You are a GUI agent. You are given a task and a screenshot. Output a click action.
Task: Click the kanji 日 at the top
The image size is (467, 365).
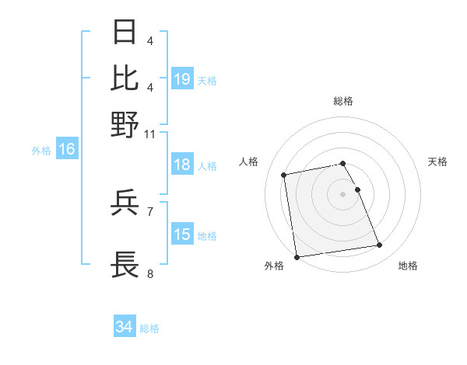[125, 33]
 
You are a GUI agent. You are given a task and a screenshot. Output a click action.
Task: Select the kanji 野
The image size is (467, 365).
[125, 123]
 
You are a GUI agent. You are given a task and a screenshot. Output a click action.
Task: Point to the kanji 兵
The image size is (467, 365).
[125, 204]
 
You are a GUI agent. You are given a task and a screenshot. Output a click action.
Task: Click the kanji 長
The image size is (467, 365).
[125, 263]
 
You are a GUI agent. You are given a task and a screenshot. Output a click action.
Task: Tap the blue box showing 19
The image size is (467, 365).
[182, 79]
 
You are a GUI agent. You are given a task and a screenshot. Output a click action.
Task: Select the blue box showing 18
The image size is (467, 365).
[182, 165]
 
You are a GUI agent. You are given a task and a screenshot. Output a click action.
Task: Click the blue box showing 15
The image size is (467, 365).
[182, 235]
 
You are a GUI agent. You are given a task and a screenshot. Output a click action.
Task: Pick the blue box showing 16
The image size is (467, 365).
[67, 149]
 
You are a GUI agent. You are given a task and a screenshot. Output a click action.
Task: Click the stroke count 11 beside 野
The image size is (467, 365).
[150, 134]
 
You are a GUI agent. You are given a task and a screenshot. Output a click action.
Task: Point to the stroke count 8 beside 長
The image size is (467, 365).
[150, 273]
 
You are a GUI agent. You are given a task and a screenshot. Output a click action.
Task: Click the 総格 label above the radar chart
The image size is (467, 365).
[342, 101]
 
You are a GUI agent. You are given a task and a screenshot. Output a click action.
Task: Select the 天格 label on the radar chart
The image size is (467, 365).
[438, 162]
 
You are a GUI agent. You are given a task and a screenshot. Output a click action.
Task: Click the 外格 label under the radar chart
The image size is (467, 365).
[274, 266]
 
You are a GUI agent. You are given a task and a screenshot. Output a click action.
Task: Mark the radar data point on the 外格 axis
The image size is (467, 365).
[297, 257]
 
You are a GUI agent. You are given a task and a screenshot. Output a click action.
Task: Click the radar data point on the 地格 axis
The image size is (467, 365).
[379, 245]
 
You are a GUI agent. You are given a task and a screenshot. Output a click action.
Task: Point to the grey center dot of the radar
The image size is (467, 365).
[342, 194]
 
